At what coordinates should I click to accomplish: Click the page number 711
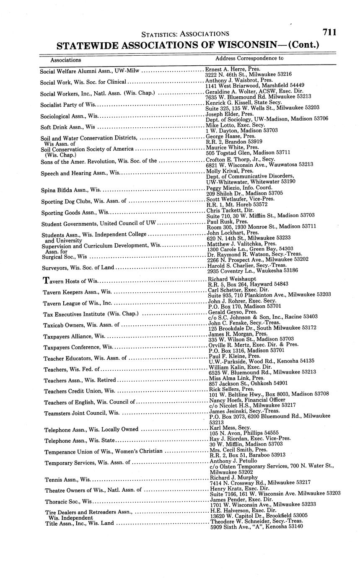pyautogui.click(x=329, y=32)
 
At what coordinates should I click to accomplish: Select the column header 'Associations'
pyautogui.click(x=66, y=60)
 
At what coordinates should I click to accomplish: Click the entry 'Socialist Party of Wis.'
pyautogui.click(x=68, y=104)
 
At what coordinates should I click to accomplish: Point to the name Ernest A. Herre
pyautogui.click(x=225, y=69)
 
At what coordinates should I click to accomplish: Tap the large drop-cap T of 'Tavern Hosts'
pyautogui.click(x=47, y=280)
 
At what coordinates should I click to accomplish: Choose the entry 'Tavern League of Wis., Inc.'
pyautogui.click(x=78, y=303)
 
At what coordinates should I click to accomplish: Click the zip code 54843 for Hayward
pyautogui.click(x=277, y=284)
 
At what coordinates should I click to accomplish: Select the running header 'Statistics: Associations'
pyautogui.click(x=185, y=34)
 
